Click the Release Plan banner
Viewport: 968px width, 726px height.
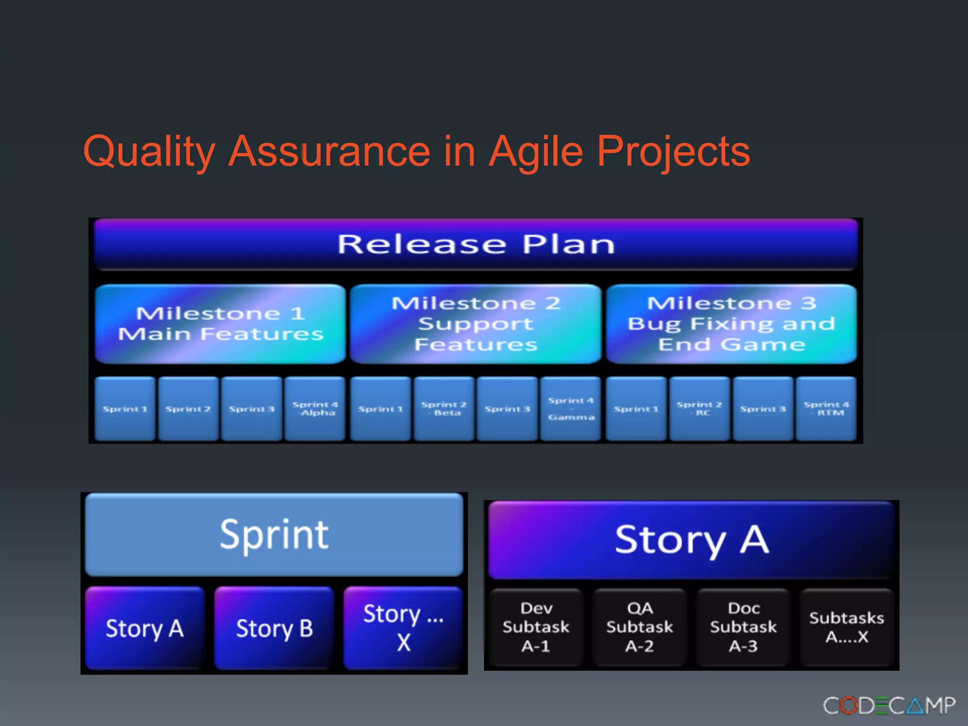pos(475,244)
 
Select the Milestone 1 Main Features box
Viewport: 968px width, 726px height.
pos(220,324)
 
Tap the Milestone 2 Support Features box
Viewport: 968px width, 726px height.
pos(475,324)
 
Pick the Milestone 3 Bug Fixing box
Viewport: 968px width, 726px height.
pos(731,324)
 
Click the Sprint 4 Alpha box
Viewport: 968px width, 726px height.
pos(315,409)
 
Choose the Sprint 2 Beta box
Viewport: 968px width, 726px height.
pos(444,409)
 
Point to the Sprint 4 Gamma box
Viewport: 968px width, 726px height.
pos(570,409)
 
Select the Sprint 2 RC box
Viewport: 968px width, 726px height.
pos(699,409)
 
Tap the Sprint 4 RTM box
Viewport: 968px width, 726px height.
pos(826,409)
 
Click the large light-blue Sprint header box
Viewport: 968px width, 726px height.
pos(274,535)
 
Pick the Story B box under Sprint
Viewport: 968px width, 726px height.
pos(274,628)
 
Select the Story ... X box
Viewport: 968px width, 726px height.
pos(403,628)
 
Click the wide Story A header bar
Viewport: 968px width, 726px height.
pos(691,540)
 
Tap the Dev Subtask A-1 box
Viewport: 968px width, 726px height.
pos(536,627)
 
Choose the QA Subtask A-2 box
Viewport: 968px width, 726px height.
pos(640,627)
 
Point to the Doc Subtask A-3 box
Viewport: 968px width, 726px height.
pos(743,627)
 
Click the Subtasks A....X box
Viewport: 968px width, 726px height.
pos(847,627)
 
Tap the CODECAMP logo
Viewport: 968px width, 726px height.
pos(889,706)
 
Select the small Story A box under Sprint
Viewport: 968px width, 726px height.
pos(145,628)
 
